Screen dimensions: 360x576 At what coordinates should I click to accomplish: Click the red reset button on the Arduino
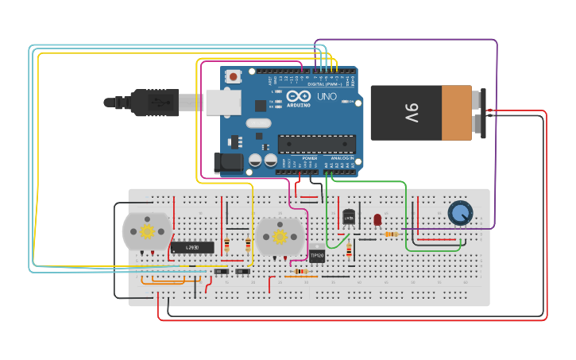tap(234, 77)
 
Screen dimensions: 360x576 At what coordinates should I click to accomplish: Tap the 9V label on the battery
tap(412, 112)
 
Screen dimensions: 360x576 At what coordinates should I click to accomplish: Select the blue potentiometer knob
tap(460, 212)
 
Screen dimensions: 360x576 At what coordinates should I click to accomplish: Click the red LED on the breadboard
tap(377, 219)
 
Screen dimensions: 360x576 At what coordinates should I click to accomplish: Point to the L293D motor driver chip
tap(192, 247)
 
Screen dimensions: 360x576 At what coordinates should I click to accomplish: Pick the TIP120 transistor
tap(317, 255)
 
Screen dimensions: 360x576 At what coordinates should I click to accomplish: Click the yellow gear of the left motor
tap(147, 231)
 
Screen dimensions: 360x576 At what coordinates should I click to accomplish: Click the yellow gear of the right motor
tap(280, 236)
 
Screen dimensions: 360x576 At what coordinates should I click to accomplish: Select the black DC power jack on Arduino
tap(230, 163)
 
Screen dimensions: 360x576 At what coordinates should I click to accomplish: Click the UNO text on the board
tap(327, 97)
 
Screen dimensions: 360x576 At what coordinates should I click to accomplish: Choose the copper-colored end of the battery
tap(457, 113)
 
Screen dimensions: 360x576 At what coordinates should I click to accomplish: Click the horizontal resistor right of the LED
tap(390, 234)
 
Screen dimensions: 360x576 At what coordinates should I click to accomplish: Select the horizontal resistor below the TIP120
tap(301, 271)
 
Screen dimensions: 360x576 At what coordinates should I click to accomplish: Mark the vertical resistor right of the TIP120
tap(349, 251)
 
